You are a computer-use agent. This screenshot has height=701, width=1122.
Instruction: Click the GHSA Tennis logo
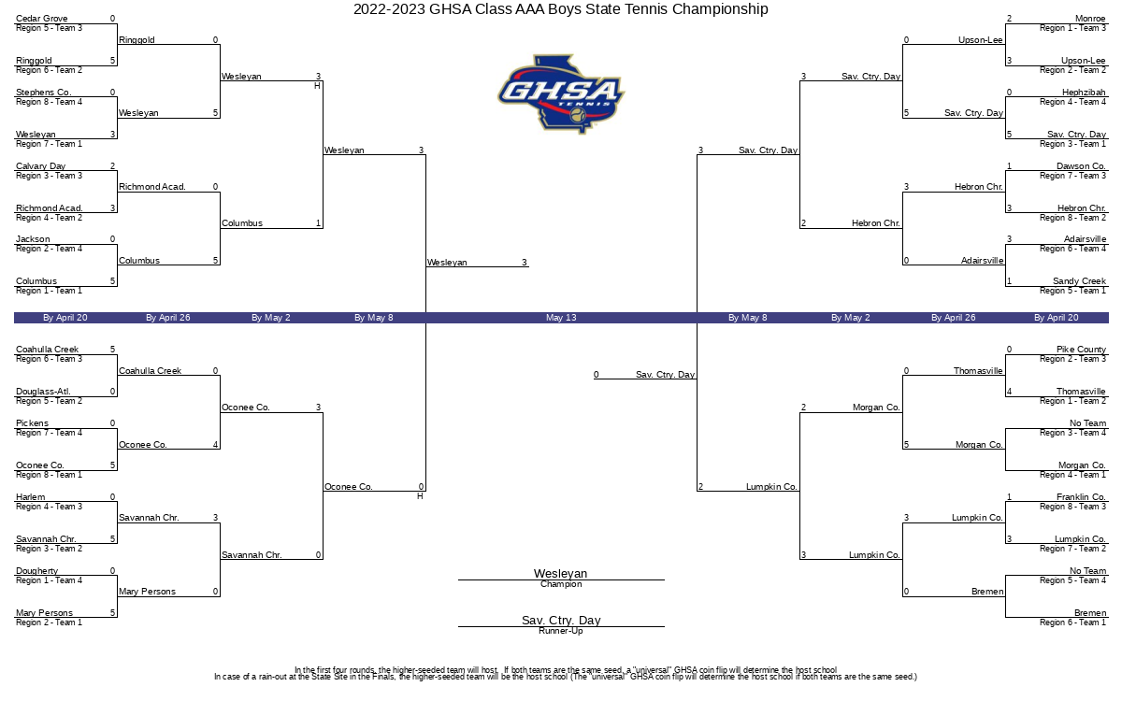(561, 93)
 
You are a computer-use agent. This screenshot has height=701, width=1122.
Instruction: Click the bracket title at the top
(560, 9)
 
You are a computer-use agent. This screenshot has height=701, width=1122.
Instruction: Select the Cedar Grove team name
(41, 19)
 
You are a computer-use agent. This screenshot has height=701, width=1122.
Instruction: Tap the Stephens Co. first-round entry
(44, 93)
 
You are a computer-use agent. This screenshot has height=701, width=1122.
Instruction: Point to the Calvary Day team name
(40, 165)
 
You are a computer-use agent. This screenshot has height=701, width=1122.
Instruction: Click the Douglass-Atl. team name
(43, 391)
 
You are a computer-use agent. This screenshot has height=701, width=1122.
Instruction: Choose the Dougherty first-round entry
(37, 571)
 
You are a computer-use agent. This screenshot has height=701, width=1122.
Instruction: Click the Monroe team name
(1090, 19)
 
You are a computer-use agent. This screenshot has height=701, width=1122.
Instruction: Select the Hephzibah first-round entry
(1084, 93)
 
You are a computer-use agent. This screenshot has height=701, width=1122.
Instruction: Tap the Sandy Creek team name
(1079, 281)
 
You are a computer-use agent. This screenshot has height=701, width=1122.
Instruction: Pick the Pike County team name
(1082, 349)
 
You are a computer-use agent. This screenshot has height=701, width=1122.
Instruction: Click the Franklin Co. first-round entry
(1081, 496)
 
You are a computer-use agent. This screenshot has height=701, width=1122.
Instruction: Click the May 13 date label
(561, 318)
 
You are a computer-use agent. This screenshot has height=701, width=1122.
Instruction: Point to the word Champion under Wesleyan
(561, 584)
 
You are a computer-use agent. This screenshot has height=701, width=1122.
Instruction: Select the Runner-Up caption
(561, 631)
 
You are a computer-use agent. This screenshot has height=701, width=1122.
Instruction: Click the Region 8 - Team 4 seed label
(49, 102)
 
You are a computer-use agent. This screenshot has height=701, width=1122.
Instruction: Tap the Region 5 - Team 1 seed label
(1073, 291)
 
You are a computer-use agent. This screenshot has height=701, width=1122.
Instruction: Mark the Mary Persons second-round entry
(148, 592)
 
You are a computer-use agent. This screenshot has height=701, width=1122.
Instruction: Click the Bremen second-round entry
(987, 592)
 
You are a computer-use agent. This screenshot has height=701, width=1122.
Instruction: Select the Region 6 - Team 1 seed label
(1073, 622)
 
